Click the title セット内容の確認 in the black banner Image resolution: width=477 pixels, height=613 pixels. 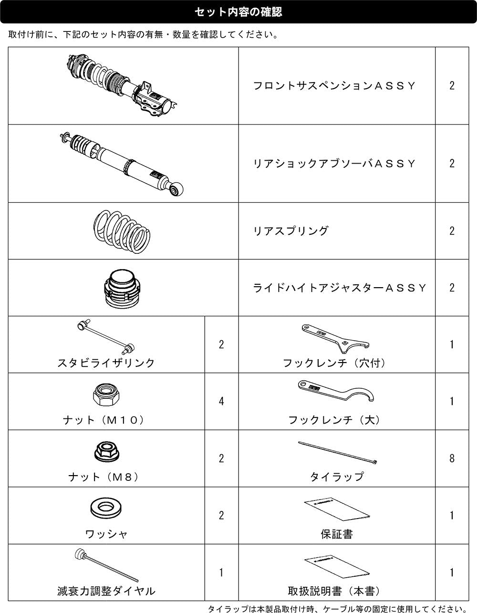[x=238, y=12]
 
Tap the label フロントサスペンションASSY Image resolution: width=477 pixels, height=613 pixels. [x=334, y=86]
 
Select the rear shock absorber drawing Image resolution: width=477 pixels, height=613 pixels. [x=122, y=164]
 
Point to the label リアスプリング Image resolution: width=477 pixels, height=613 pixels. [x=291, y=231]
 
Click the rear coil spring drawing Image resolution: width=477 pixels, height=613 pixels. [x=122, y=231]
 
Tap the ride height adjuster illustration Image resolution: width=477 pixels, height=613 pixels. [x=122, y=288]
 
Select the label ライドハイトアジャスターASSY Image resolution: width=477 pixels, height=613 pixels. [x=339, y=288]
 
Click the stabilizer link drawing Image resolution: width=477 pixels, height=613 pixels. [x=106, y=336]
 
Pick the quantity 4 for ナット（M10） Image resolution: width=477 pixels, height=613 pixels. [x=221, y=401]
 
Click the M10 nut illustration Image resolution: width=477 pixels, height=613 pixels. [x=106, y=395]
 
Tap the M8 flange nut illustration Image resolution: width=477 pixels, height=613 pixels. [x=107, y=452]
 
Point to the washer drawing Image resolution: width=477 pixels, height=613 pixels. [x=106, y=509]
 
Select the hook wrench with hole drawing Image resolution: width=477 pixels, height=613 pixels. [x=335, y=339]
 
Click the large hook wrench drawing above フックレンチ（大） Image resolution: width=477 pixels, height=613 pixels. [x=336, y=391]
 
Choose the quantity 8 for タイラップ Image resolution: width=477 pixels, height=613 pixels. [x=452, y=458]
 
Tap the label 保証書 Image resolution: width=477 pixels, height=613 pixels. [x=337, y=534]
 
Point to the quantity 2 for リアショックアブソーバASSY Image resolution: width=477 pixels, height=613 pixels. [x=452, y=164]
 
